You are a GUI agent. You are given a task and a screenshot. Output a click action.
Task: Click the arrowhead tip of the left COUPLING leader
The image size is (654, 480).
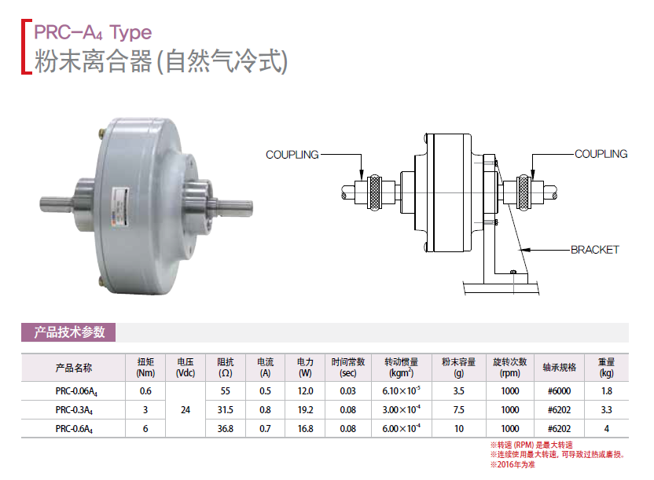362,179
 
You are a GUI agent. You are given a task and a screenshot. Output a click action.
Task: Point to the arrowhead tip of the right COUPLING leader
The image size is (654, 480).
532,179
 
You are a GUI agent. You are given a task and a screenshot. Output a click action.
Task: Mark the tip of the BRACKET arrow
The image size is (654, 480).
520,250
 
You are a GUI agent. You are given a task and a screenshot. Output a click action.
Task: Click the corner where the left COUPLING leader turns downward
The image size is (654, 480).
362,155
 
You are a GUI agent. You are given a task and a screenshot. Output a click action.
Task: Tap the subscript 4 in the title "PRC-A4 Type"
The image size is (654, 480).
99,36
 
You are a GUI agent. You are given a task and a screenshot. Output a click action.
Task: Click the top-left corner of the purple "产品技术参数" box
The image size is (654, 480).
21,323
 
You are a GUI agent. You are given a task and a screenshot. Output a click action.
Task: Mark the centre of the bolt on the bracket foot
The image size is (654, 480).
513,272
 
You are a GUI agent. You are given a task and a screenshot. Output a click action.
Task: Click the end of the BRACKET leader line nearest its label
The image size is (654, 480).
570,250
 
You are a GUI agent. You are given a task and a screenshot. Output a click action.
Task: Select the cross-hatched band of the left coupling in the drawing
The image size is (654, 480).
374,192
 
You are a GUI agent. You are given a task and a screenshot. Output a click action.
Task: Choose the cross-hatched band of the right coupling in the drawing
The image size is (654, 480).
523,192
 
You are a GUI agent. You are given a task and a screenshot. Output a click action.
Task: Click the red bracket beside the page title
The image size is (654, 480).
26,46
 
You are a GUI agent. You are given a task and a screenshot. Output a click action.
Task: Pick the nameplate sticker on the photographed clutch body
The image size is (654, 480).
119,207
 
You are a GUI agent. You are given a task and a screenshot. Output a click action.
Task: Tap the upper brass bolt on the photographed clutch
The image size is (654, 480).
101,134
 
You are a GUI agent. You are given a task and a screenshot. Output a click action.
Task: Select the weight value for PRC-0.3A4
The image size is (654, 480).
607,410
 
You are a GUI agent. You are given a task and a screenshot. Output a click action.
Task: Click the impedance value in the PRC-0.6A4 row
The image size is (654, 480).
226,429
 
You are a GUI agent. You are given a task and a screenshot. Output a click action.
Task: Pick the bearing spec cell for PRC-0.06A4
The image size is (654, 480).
559,391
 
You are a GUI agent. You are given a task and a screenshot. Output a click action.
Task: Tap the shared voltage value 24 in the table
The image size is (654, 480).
186,410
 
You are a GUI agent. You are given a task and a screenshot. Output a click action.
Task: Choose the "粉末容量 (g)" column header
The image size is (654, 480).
459,368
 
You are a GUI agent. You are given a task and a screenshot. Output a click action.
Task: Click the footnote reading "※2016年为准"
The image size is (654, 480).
513,464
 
